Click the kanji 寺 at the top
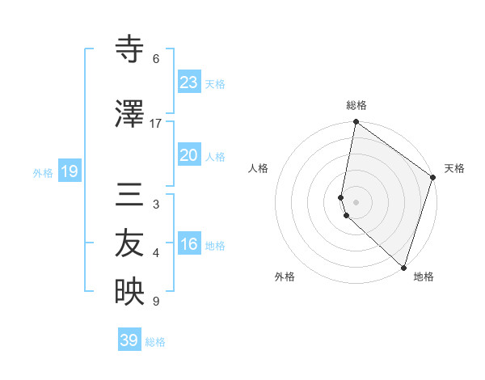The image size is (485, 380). click(129, 50)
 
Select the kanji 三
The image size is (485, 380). click(129, 196)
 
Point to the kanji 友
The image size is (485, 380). click(129, 245)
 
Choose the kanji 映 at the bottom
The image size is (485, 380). click(129, 293)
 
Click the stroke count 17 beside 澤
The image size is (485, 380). click(156, 123)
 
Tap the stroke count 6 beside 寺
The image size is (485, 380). click(156, 58)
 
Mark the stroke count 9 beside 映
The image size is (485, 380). click(156, 302)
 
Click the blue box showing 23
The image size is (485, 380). click(188, 82)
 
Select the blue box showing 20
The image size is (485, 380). click(188, 155)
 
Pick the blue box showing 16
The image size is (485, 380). click(188, 244)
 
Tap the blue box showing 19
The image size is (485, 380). click(69, 171)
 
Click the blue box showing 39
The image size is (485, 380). click(129, 340)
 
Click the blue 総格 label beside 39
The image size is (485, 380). click(156, 342)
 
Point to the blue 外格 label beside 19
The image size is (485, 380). click(43, 172)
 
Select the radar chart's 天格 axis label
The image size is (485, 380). click(454, 168)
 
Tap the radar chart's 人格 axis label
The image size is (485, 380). click(258, 168)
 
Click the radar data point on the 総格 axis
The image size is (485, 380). click(356, 122)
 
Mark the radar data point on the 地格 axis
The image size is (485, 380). click(403, 266)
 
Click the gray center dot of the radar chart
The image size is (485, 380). click(356, 201)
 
